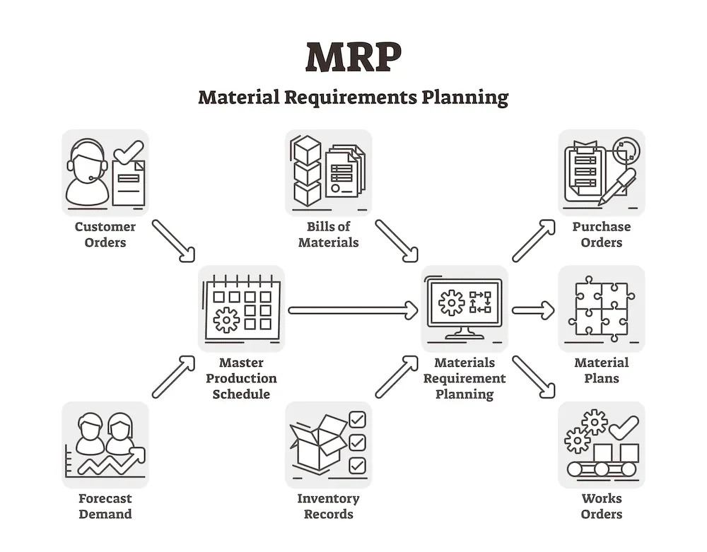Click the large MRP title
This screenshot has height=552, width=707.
point(353,57)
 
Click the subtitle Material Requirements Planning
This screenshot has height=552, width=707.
point(353,96)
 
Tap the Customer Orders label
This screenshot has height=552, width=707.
point(105,235)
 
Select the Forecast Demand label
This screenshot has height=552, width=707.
point(105,506)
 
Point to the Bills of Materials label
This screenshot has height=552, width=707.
point(329,235)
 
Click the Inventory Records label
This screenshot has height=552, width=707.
point(329,506)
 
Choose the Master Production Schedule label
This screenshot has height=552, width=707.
point(241,378)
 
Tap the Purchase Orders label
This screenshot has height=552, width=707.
point(602,235)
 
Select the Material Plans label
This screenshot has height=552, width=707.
point(602,370)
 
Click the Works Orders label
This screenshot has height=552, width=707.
point(602,506)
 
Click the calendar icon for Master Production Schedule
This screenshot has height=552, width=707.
point(241,307)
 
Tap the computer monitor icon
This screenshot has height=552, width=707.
point(464,307)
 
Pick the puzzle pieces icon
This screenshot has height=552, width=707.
point(601,308)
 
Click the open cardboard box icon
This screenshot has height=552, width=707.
point(318,444)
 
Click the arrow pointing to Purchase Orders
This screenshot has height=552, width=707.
point(533,240)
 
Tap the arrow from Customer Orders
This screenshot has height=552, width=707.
point(173,240)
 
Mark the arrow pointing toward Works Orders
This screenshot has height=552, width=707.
point(533,377)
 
